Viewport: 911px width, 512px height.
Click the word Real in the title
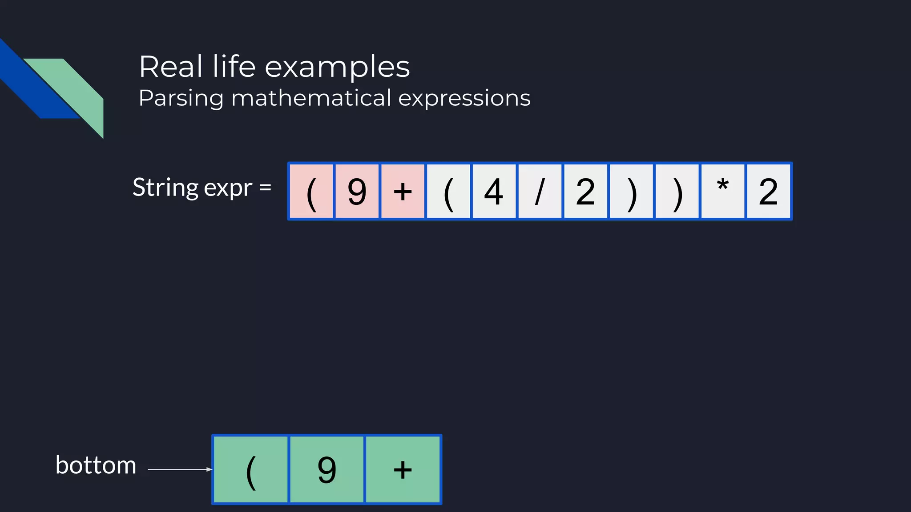[x=171, y=67]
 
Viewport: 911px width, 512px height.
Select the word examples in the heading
[x=337, y=68]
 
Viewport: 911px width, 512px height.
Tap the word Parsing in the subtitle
[x=181, y=99]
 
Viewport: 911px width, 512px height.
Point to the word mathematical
[x=311, y=98]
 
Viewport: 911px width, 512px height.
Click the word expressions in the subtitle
[x=464, y=99]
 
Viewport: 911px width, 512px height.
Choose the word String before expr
[x=165, y=188]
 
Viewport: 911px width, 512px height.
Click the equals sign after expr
[x=265, y=187]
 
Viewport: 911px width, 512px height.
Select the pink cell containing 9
[x=357, y=192]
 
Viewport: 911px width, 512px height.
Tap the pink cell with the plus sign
[x=403, y=192]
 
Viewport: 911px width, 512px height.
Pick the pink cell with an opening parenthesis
[x=311, y=192]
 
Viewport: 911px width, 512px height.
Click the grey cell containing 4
[x=494, y=192]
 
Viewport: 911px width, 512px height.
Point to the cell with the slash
[x=540, y=192]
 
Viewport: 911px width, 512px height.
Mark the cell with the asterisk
[x=722, y=192]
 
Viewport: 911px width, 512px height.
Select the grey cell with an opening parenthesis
[x=448, y=192]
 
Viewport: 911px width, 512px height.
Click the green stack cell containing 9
[x=327, y=469]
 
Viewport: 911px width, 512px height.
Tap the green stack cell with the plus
[x=403, y=469]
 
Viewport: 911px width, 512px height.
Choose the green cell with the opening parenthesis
[x=251, y=469]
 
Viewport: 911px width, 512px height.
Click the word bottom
[x=96, y=465]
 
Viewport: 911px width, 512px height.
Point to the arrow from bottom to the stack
[x=180, y=469]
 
